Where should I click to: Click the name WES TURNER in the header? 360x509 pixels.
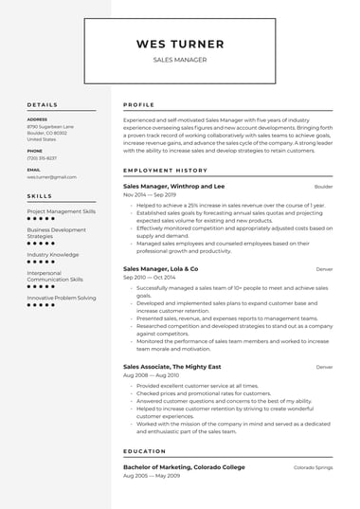180,44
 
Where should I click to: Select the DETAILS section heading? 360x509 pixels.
43,104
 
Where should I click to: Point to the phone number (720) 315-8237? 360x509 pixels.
42,157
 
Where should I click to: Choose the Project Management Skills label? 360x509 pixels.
62,211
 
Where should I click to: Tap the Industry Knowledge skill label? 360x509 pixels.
53,254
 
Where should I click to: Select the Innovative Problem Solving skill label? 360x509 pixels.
62,298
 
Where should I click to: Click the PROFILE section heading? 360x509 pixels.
139,104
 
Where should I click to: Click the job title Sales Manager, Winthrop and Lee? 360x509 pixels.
174,187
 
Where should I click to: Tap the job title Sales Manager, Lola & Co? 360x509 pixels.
161,268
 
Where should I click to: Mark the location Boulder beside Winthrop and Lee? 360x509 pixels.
324,188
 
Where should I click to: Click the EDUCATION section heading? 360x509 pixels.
145,451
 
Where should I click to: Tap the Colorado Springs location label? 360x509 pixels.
313,468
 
